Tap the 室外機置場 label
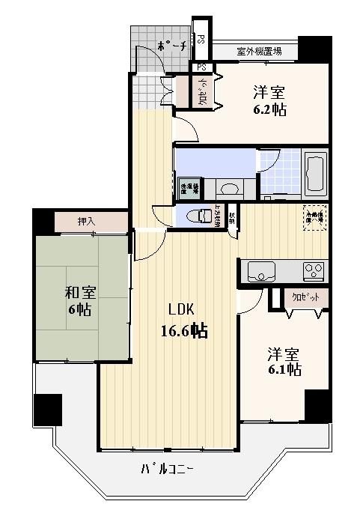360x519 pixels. point(259,52)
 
